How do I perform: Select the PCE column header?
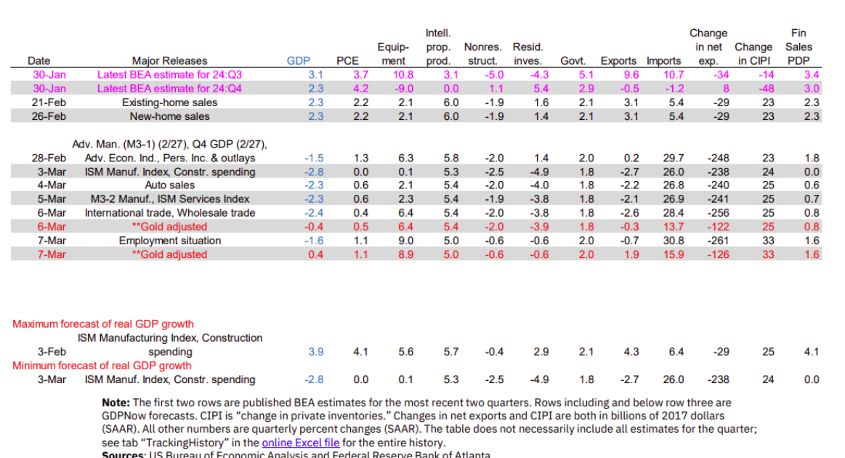pyautogui.click(x=347, y=61)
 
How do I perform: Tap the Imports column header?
pyautogui.click(x=663, y=61)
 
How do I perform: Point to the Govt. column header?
pyautogui.click(x=573, y=61)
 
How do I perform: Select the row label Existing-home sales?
pyautogui.click(x=169, y=103)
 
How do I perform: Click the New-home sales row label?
pyautogui.click(x=169, y=116)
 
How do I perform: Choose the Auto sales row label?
pyautogui.click(x=169, y=185)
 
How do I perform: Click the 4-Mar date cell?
pyautogui.click(x=52, y=185)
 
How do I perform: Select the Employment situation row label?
pyautogui.click(x=170, y=241)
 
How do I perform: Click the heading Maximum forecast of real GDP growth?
pyautogui.click(x=103, y=324)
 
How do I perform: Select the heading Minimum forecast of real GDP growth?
pyautogui.click(x=102, y=366)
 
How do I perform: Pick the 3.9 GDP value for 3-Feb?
pyautogui.click(x=315, y=352)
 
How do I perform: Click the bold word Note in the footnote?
pyautogui.click(x=115, y=403)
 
